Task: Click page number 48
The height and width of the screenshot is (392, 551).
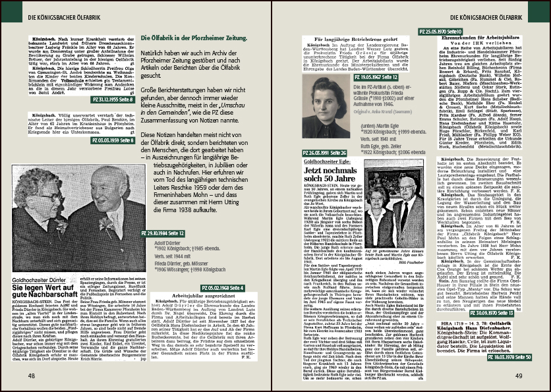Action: click(x=32, y=376)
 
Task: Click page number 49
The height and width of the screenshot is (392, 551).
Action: click(x=519, y=376)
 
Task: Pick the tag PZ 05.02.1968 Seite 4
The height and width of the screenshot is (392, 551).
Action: click(x=221, y=288)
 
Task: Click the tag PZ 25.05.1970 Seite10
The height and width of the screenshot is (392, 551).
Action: click(x=441, y=32)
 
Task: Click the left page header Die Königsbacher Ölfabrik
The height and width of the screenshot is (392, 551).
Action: click(x=64, y=13)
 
